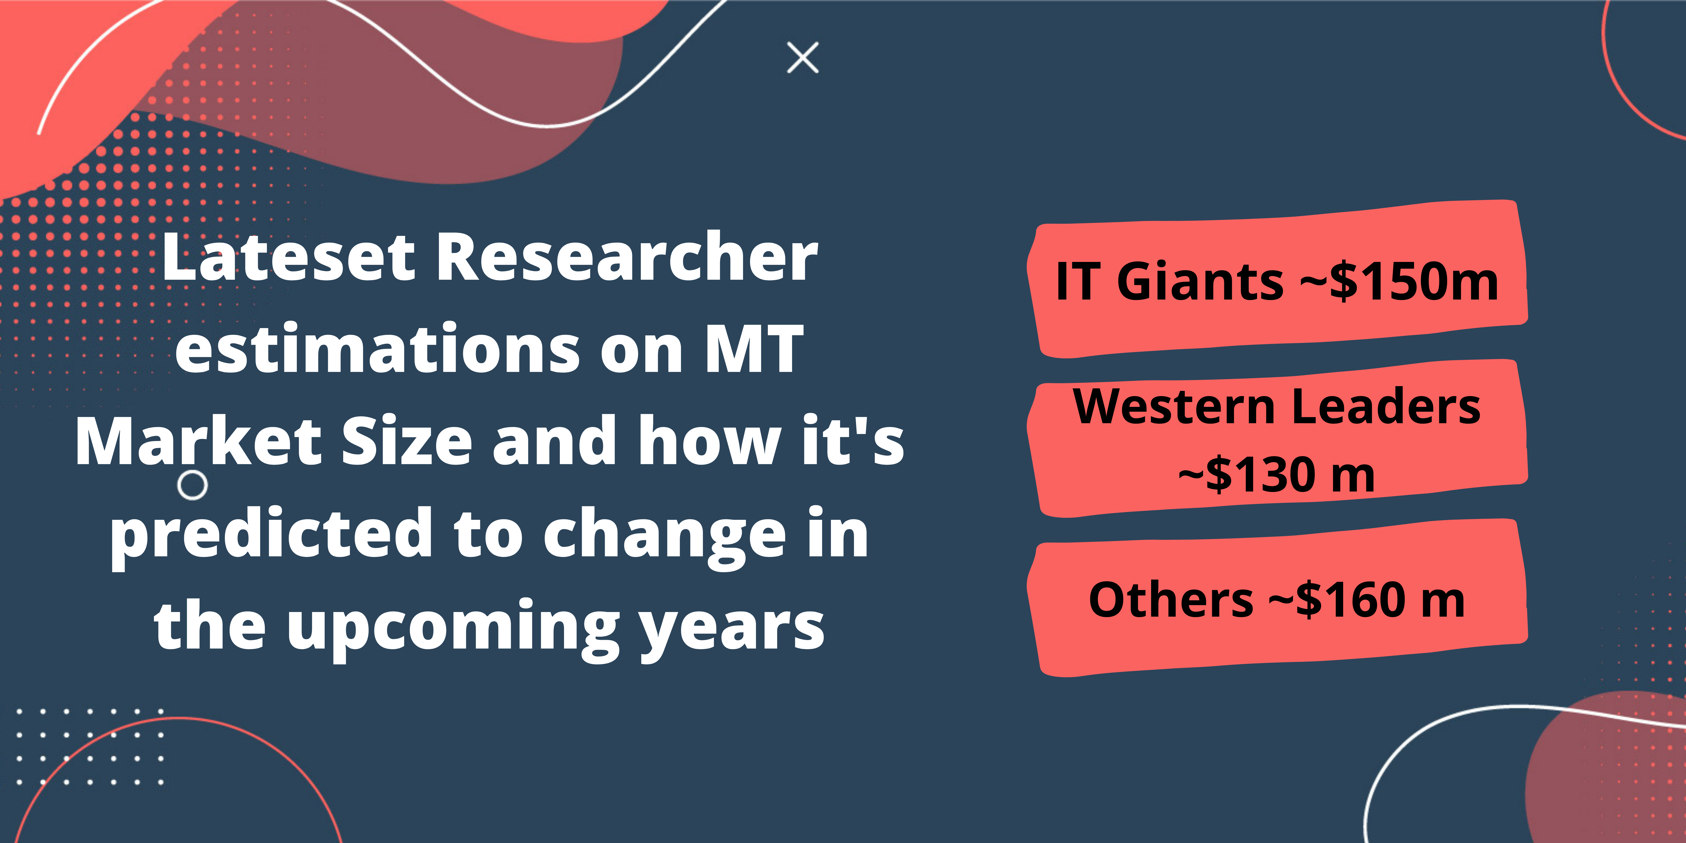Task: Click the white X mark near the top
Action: point(803,58)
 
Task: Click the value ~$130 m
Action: point(1276,474)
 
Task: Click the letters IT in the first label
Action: point(1077,281)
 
